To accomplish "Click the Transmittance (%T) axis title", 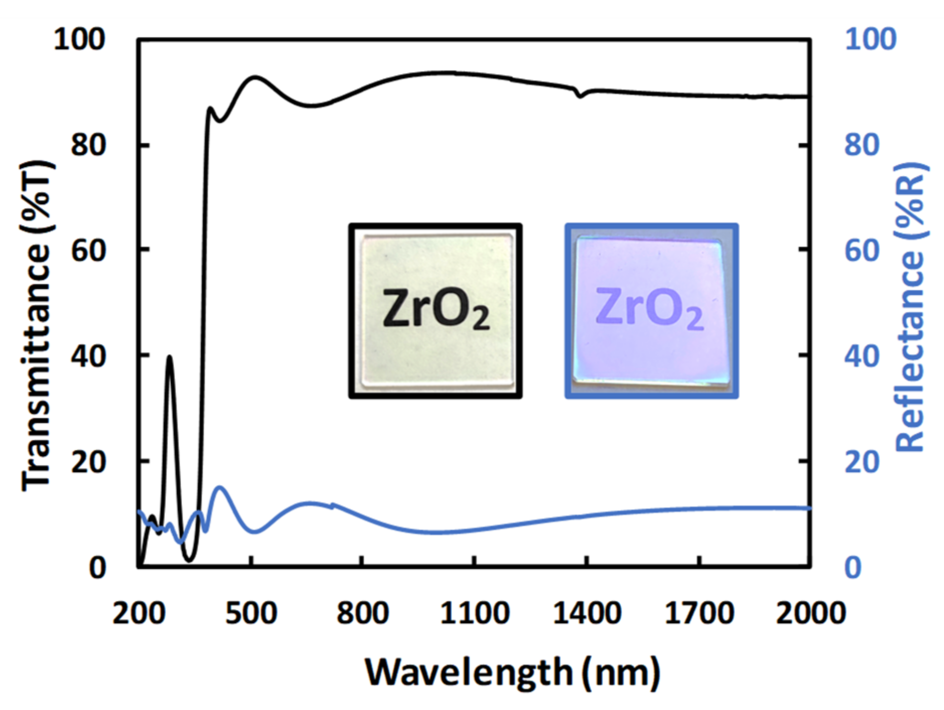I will click(x=36, y=325).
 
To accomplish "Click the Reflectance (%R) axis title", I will click(x=911, y=307).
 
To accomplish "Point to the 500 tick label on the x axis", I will click(x=251, y=614).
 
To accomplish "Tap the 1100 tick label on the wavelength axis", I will click(x=475, y=614).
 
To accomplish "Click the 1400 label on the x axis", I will click(x=587, y=614).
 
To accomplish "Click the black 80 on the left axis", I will click(x=88, y=146).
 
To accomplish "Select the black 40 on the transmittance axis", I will click(x=88, y=356).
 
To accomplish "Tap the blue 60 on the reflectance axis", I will click(x=861, y=250).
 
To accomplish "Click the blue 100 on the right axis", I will click(x=870, y=39).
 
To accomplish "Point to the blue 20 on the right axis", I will click(x=861, y=462).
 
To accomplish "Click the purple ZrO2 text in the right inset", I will click(x=649, y=308).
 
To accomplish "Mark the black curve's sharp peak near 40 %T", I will click(x=170, y=357).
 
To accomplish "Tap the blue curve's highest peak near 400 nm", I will click(x=220, y=487).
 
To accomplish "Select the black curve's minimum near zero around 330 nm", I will click(x=189, y=560).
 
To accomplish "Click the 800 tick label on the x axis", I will click(x=362, y=614).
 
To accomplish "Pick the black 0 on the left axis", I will click(x=97, y=567).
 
